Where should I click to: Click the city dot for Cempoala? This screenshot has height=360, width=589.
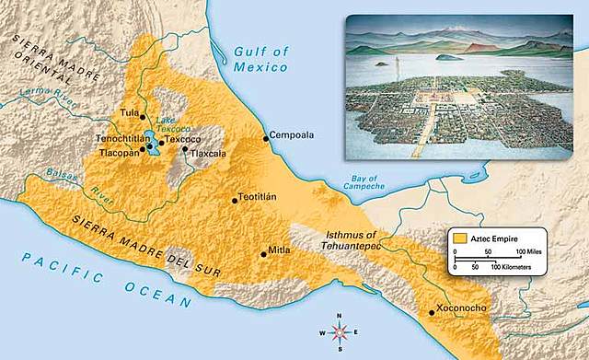point(266,138)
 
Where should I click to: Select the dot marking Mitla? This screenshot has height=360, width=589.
point(264,255)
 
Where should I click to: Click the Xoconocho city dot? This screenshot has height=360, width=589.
point(433,312)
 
